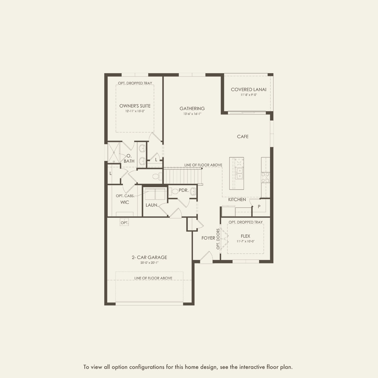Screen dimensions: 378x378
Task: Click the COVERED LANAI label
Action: (x=248, y=89)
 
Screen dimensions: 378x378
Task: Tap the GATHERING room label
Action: (x=192, y=108)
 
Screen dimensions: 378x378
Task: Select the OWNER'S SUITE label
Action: (x=135, y=106)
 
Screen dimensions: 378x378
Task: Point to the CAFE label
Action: (x=243, y=137)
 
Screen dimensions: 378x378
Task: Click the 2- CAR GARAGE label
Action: (x=149, y=257)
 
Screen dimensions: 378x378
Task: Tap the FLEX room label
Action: (x=245, y=236)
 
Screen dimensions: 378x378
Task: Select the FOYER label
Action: (x=208, y=238)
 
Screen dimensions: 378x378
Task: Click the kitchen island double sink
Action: (x=240, y=173)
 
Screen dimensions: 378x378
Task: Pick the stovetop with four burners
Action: (x=265, y=177)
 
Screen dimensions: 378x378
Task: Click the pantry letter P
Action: (x=259, y=206)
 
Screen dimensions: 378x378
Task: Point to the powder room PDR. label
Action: (x=184, y=190)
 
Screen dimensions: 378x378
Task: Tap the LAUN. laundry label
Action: (x=152, y=205)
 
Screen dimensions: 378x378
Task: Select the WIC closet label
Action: (x=125, y=202)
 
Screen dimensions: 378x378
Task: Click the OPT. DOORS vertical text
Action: (x=218, y=239)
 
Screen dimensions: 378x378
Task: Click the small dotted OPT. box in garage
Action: (x=124, y=223)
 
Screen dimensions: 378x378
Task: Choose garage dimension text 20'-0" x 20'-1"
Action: (x=149, y=263)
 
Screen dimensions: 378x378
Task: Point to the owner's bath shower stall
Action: (x=114, y=152)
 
